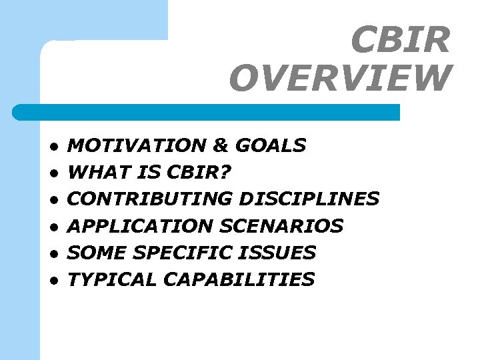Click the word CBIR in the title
(401, 41)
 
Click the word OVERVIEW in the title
(340, 78)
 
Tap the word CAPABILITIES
(239, 279)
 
